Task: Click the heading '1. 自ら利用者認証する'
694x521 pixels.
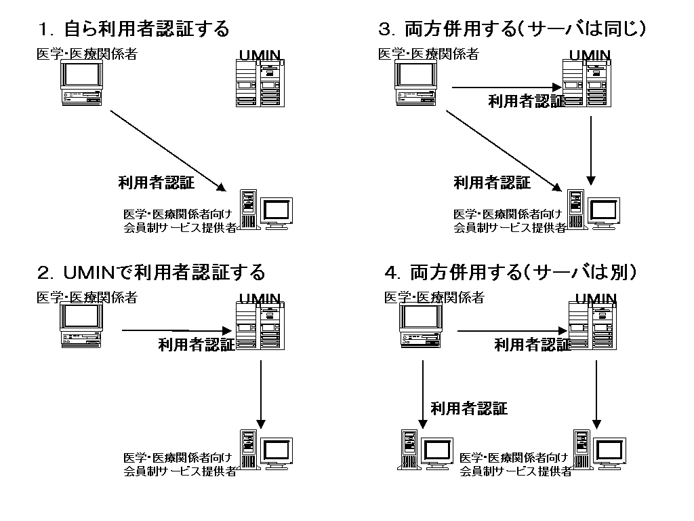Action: (x=134, y=29)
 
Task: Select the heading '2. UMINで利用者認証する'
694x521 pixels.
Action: (x=151, y=273)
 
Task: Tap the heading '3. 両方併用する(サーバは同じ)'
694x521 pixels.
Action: (x=512, y=29)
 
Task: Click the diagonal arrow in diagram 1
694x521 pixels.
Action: (x=167, y=149)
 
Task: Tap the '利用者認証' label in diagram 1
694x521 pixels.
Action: (x=156, y=182)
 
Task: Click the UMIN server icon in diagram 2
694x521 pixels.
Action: (x=260, y=326)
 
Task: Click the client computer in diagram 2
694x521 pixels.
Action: (x=82, y=326)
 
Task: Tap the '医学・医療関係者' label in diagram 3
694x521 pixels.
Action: (x=428, y=54)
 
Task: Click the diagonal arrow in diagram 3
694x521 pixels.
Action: (x=505, y=151)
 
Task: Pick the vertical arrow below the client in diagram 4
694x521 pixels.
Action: (x=422, y=393)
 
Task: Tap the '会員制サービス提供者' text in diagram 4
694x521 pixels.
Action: (x=515, y=471)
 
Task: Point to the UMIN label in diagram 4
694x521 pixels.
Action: (x=596, y=298)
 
